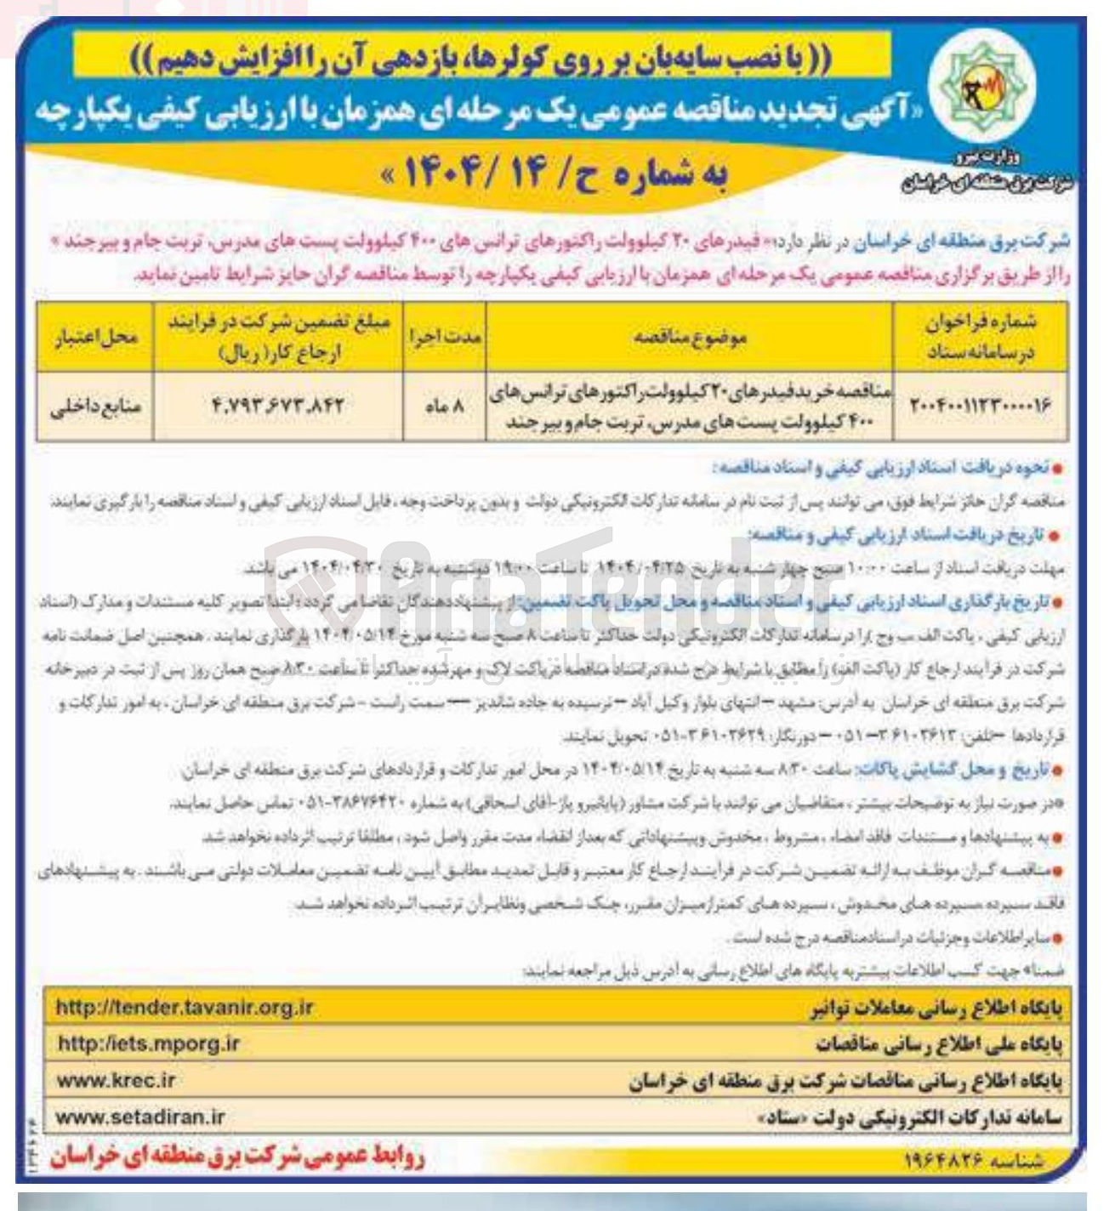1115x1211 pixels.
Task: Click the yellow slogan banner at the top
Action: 482,59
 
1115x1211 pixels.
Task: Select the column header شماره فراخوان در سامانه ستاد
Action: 983,337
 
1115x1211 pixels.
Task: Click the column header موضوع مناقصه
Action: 689,337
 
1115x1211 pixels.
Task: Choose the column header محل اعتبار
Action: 95,337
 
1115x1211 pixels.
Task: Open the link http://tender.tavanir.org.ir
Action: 185,1009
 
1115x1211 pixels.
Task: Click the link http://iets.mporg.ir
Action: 148,1043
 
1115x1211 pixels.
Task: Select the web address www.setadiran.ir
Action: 140,1117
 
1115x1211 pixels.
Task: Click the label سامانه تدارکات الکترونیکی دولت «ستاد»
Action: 910,1117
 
